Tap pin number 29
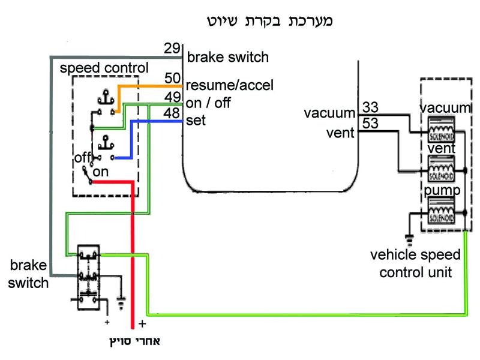tap(172, 48)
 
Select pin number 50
tap(172, 77)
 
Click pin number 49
tap(172, 97)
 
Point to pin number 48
tap(172, 113)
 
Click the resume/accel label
tap(230, 86)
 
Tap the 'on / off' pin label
tap(208, 103)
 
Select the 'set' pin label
tap(196, 120)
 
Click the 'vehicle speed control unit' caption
tap(415, 262)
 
